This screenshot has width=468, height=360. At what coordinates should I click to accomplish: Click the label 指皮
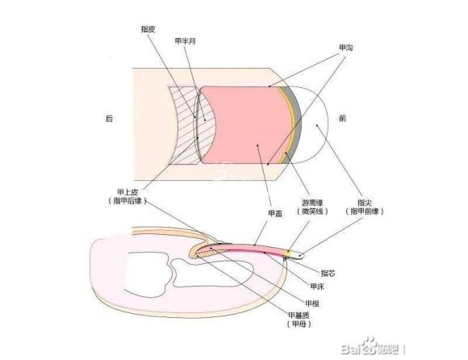click(x=148, y=29)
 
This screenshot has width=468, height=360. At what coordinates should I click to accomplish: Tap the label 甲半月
click(x=185, y=41)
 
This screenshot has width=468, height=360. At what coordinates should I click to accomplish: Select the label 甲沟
click(x=345, y=48)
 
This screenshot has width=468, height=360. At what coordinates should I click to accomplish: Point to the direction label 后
click(x=109, y=119)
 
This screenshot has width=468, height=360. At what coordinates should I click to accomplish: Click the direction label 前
click(x=342, y=119)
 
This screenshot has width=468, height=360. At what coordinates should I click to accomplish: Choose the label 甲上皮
click(x=127, y=193)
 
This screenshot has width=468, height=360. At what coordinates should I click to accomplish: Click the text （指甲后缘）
click(x=127, y=201)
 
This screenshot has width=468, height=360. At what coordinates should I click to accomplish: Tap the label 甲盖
click(x=275, y=213)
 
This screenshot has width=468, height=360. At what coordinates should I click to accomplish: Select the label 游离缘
click(x=312, y=203)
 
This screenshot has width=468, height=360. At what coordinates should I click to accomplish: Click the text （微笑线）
click(x=312, y=211)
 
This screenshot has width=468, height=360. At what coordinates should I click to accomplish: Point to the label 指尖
click(x=365, y=203)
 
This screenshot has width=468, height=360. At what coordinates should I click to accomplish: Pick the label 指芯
click(x=328, y=273)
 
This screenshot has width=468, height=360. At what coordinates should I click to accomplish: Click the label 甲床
click(x=317, y=287)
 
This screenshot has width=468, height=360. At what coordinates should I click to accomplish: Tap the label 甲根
click(x=312, y=303)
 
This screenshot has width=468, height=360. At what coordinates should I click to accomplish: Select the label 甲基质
click(x=299, y=316)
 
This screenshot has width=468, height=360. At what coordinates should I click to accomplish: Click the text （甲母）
click(x=299, y=324)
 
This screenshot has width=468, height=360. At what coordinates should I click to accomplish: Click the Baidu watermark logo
click(x=373, y=347)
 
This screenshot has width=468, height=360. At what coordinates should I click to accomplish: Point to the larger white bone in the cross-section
click(x=146, y=274)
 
